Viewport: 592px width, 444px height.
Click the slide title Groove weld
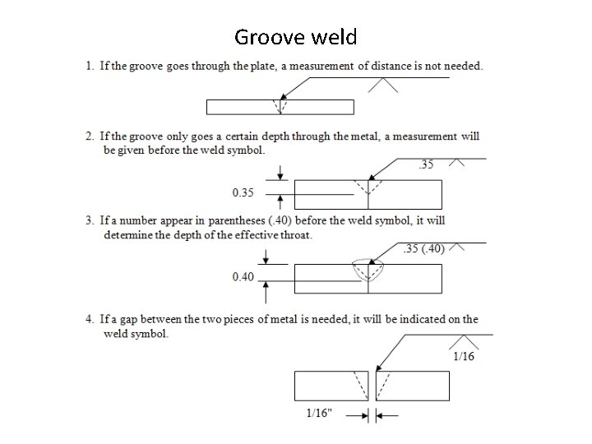click(295, 37)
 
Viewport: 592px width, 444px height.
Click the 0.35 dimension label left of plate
click(243, 192)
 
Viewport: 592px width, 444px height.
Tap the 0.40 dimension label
click(243, 276)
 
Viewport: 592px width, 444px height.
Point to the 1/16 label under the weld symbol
click(463, 356)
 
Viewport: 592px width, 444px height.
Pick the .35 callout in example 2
click(427, 164)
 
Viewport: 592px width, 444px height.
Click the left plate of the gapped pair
click(329, 386)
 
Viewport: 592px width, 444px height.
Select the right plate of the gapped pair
click(415, 386)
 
